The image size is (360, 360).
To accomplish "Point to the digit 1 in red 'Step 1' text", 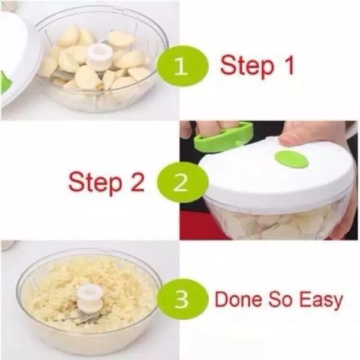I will [x=288, y=64].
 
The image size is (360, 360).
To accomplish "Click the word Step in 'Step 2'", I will [x=94, y=182].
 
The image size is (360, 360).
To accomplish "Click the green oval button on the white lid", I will [x=291, y=159].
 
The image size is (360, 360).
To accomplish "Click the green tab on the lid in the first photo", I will [x=5, y=82].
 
